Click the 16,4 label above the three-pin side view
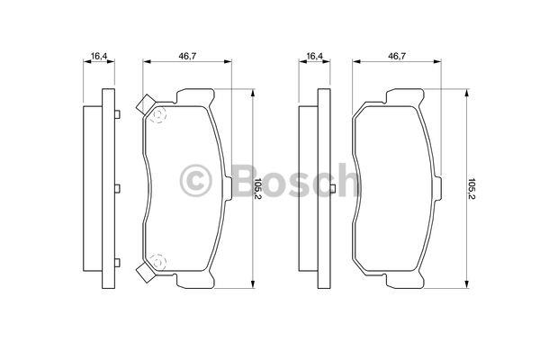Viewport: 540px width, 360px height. pos(99,56)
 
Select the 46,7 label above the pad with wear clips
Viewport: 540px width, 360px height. pos(187,56)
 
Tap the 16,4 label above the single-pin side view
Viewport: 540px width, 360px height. pos(315,56)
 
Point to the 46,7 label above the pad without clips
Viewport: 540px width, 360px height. pos(397,56)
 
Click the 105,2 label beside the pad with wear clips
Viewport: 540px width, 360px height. pos(258,189)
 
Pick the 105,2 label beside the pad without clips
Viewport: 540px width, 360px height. pos(471,189)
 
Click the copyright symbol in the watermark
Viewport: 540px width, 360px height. pos(195,181)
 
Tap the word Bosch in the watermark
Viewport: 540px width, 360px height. pos(295,180)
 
